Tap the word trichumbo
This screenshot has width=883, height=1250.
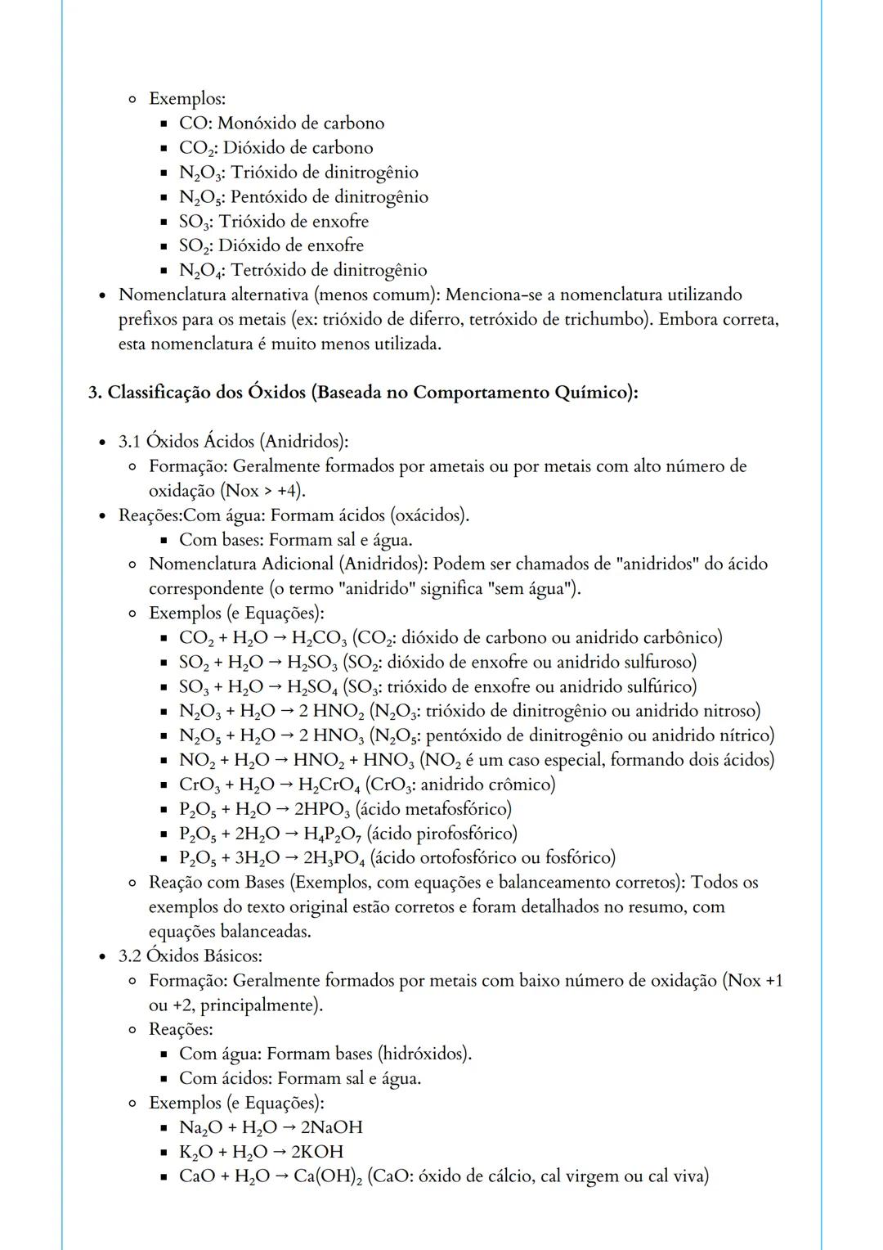tap(607, 319)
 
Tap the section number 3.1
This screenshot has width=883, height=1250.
tap(129, 442)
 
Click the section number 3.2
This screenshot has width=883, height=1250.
tap(129, 955)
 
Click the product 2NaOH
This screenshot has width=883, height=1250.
tap(331, 1127)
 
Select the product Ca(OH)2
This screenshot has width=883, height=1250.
tap(323, 1176)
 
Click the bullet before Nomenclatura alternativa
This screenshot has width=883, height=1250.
tap(102, 295)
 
